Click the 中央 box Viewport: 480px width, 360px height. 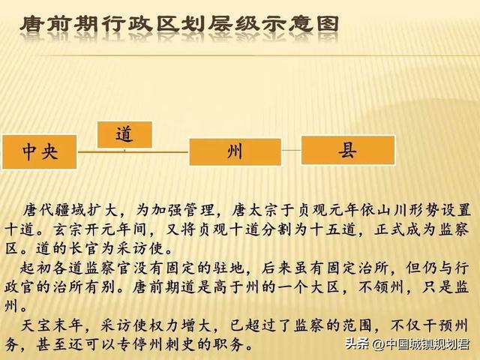(x=40, y=151)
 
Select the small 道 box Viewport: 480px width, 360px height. (x=124, y=134)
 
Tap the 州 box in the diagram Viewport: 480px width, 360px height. (x=234, y=151)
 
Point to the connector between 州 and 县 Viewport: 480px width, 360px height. (x=291, y=151)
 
